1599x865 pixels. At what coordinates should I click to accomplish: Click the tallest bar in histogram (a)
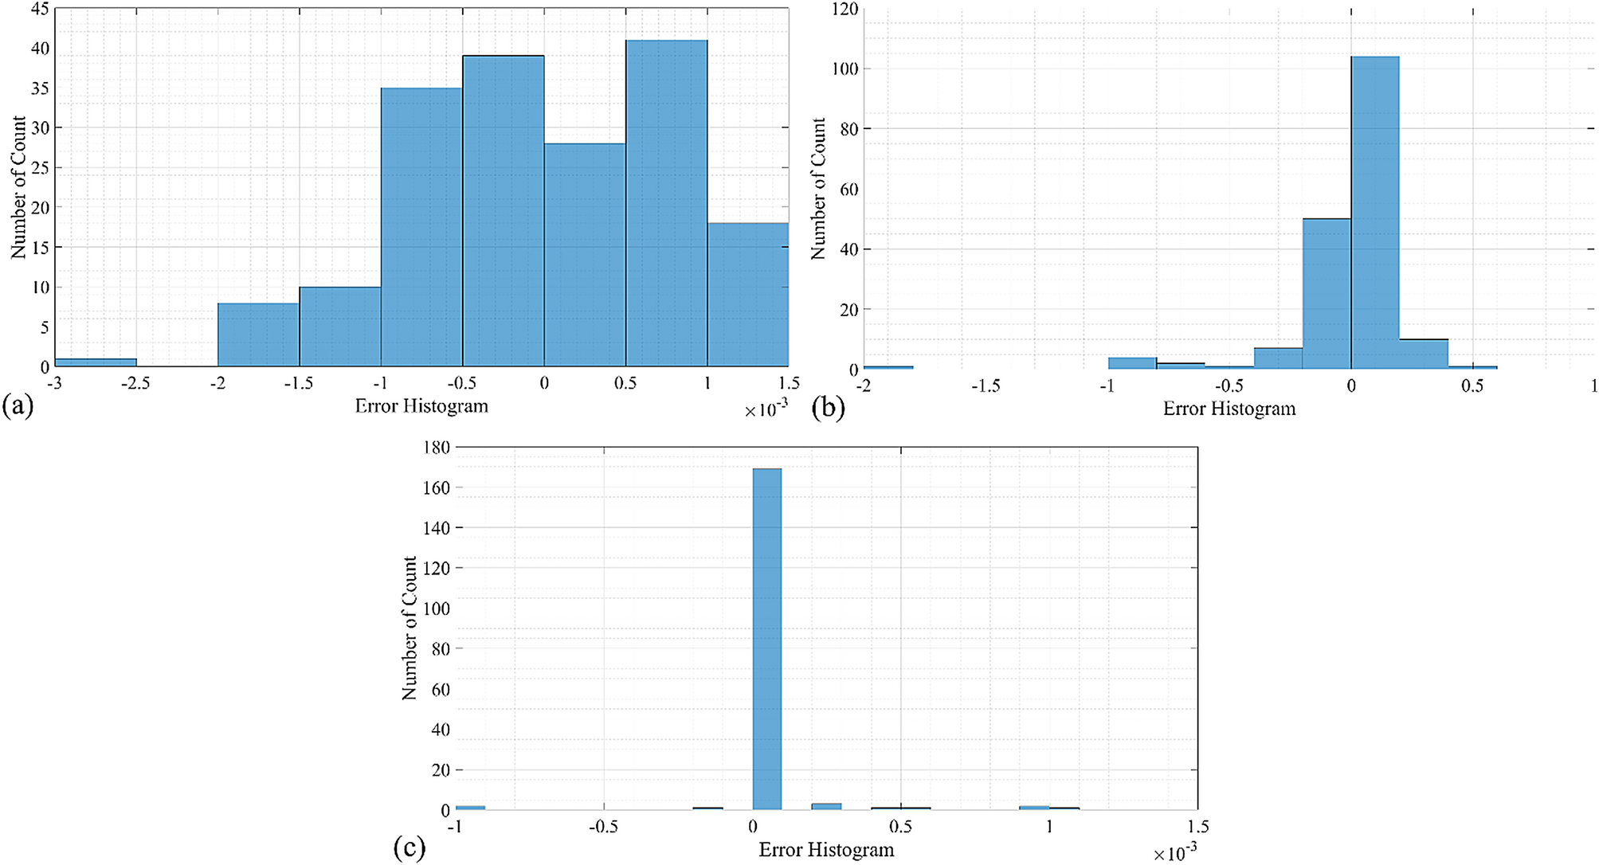666,203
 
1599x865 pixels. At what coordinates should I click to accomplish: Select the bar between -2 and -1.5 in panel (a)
258,335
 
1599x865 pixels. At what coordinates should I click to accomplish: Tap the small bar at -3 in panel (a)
95,362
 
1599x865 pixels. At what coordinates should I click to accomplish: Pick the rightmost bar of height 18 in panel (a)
747,295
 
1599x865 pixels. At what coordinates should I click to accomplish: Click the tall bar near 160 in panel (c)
766,637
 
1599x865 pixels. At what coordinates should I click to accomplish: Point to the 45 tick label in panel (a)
40,9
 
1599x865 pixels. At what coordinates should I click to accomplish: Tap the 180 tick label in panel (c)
437,448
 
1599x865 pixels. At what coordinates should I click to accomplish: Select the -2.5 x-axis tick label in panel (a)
135,384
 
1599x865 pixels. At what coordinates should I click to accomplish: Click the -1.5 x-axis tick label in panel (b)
985,386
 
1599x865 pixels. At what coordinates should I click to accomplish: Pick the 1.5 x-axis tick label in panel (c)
1197,827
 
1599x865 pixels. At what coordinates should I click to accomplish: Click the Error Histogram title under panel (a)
421,406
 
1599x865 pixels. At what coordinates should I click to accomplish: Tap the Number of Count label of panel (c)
410,628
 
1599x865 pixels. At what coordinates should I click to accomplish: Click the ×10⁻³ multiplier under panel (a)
766,409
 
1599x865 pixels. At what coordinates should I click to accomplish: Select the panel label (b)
828,409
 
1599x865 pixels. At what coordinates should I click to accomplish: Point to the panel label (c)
410,848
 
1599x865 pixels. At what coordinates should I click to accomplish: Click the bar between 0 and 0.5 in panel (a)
584,255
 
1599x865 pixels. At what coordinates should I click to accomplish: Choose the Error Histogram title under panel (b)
1229,409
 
